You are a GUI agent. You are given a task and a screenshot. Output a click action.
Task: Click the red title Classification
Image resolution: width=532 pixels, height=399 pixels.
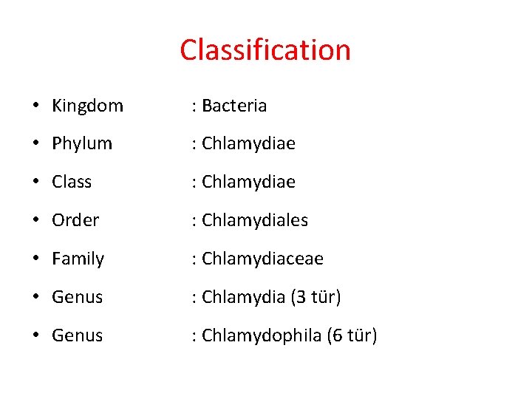coord(265,50)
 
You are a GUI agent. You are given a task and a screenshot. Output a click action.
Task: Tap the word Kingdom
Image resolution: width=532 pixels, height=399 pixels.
coord(87,106)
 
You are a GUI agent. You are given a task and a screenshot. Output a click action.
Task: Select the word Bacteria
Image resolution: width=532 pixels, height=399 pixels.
coord(233,106)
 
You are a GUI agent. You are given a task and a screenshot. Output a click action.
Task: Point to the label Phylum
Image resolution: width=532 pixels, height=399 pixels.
coord(82,143)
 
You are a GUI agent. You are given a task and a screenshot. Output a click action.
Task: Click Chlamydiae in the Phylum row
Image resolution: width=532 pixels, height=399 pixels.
coord(248,143)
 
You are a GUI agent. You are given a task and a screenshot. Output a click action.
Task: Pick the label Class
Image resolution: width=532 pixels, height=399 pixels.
coord(72,182)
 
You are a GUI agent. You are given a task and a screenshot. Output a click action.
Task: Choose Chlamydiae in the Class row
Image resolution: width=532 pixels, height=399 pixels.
coord(248,182)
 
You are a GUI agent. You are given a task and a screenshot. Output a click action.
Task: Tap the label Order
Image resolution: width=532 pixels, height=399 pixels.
coord(75,220)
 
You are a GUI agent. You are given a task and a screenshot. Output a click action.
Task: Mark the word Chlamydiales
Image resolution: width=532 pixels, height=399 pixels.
coord(255,220)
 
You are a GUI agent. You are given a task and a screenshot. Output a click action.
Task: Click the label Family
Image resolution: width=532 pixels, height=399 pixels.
coord(78,259)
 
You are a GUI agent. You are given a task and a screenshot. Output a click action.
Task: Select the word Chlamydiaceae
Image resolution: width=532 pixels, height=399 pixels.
coord(262,259)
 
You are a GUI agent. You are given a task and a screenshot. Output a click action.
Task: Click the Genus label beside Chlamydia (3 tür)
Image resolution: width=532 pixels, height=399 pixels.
coord(77,297)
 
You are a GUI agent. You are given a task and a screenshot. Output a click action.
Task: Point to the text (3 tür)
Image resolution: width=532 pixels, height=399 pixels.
coord(316,297)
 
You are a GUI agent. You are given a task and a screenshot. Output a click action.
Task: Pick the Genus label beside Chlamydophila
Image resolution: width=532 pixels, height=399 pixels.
coord(77,335)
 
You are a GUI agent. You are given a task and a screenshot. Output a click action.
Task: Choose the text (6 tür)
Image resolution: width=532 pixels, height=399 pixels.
coord(352,335)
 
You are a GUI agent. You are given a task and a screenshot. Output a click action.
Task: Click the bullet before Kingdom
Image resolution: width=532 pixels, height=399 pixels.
coord(36,106)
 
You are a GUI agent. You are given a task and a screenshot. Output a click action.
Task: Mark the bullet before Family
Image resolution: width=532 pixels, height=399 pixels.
coord(36,259)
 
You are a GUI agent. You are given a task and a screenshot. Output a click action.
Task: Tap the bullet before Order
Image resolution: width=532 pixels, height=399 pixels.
coord(36,220)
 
